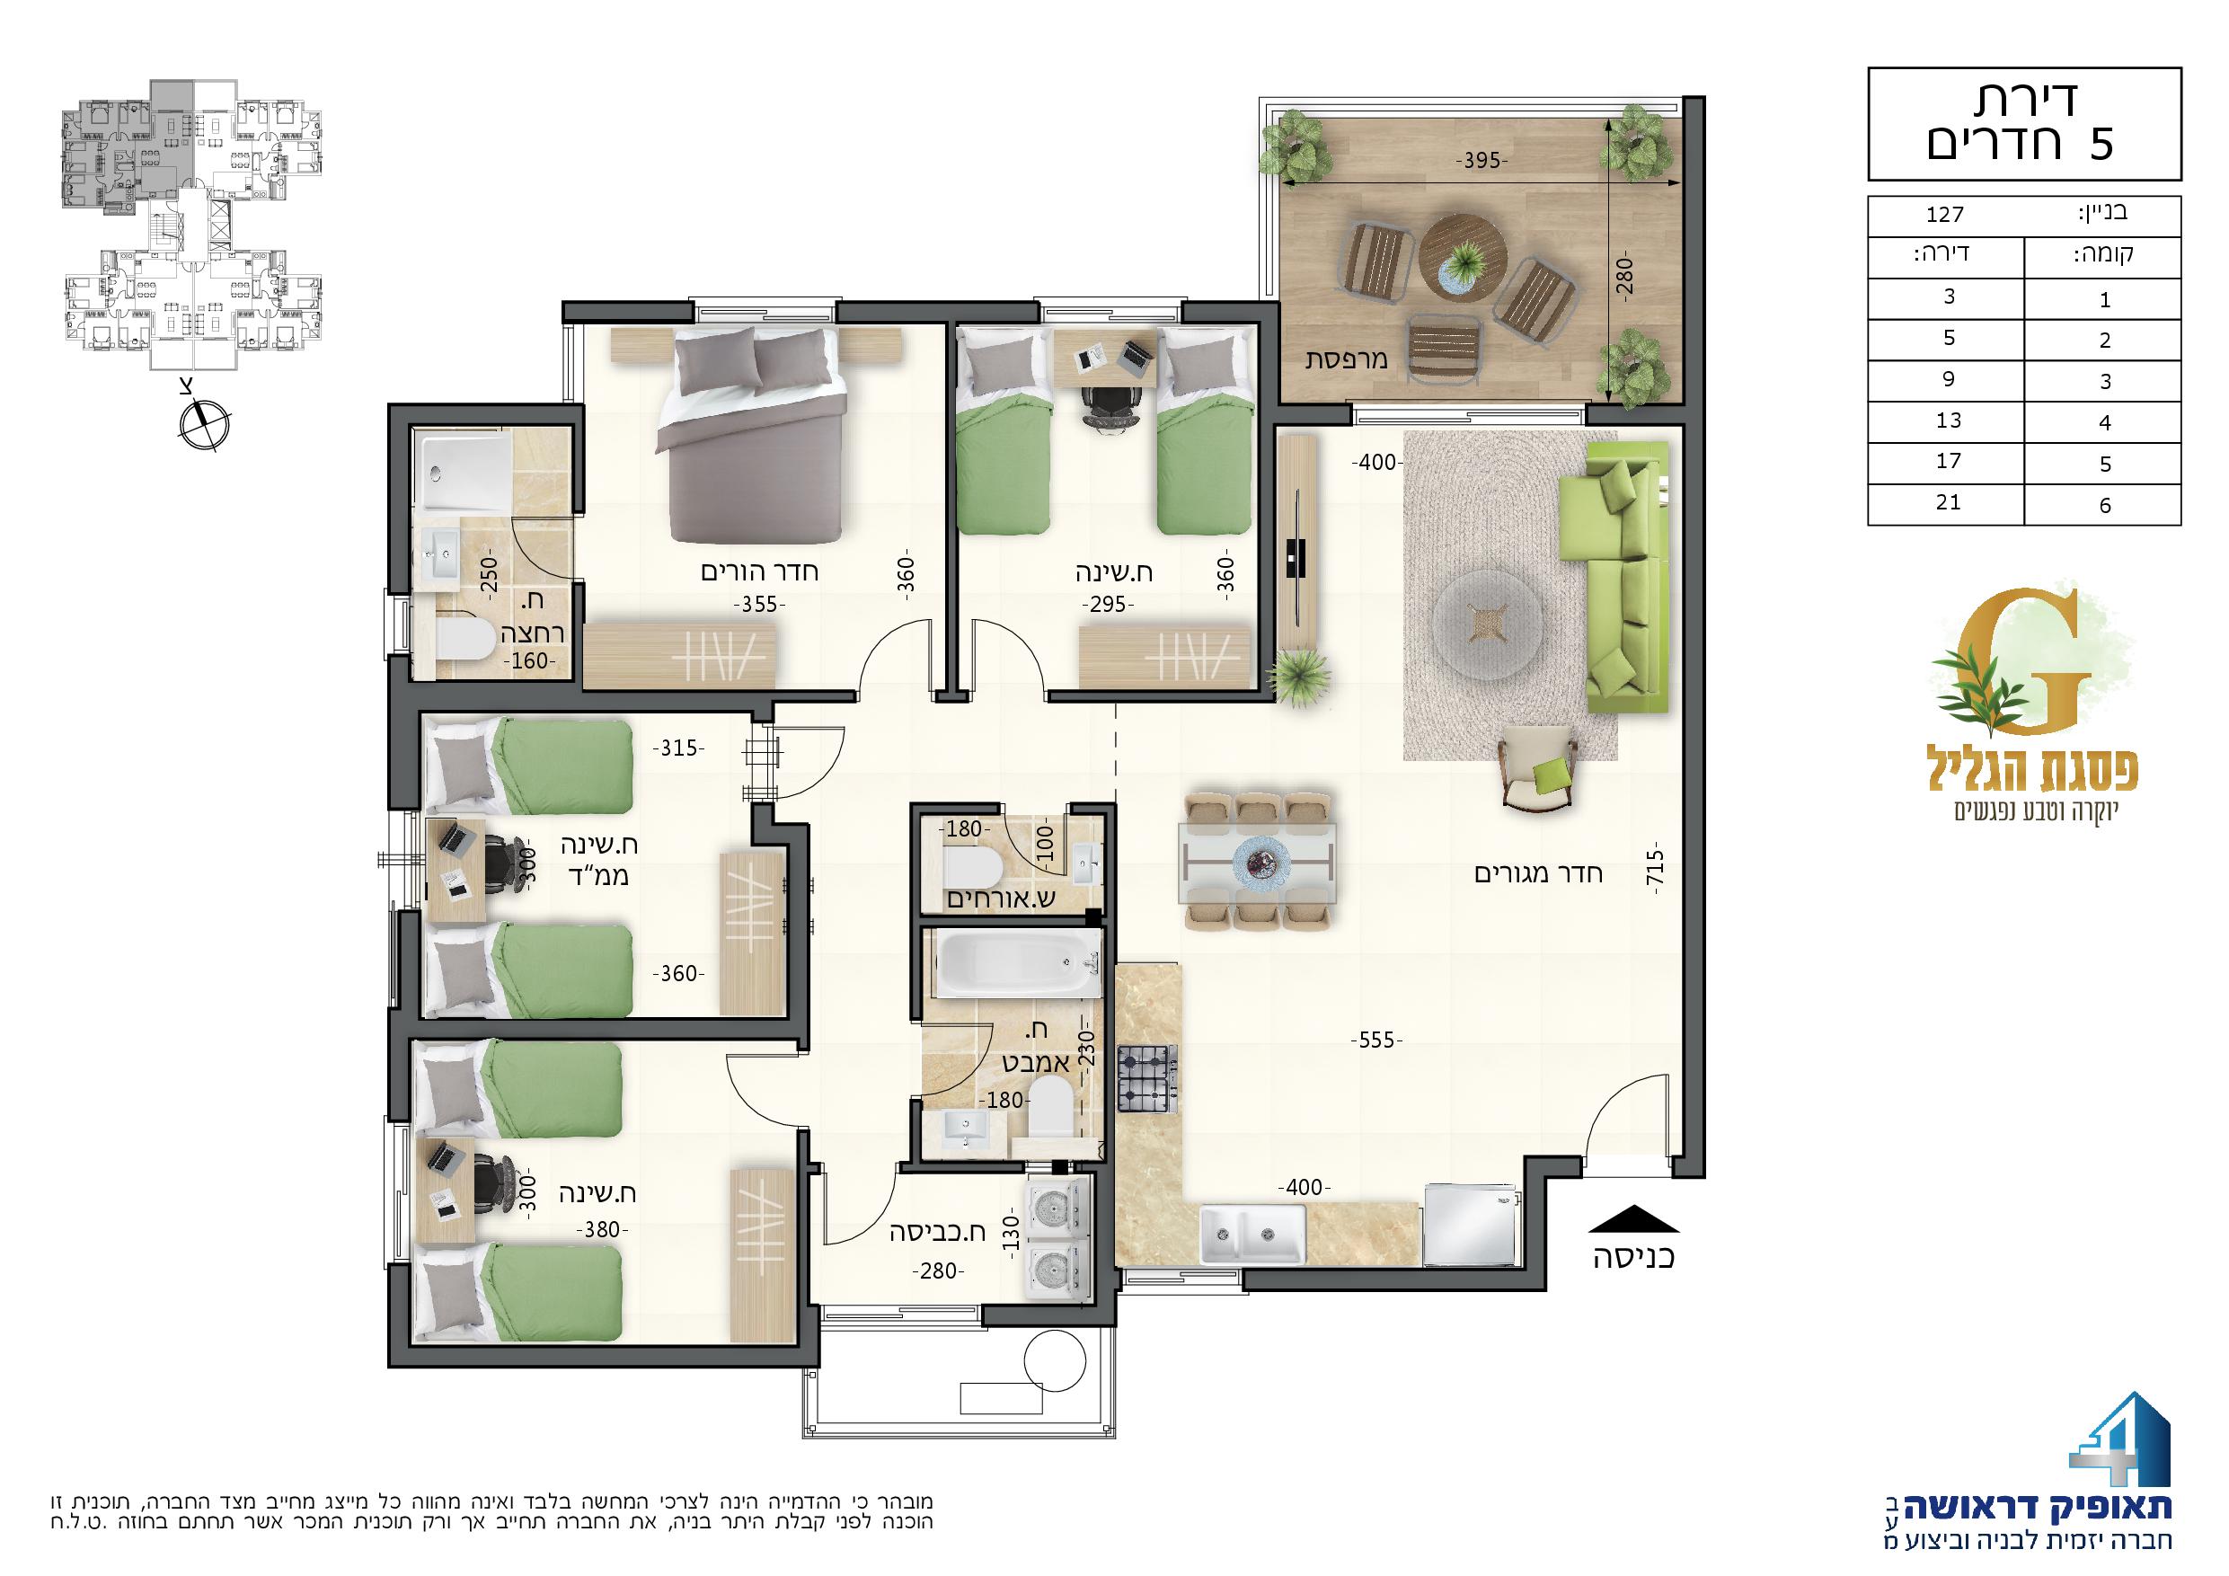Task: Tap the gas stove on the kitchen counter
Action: [x=1147, y=1079]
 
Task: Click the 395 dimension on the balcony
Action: [x=1482, y=161]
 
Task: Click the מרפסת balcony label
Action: [x=1347, y=359]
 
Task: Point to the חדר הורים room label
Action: [x=759, y=571]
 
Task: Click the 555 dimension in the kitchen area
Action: [x=1376, y=1042]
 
